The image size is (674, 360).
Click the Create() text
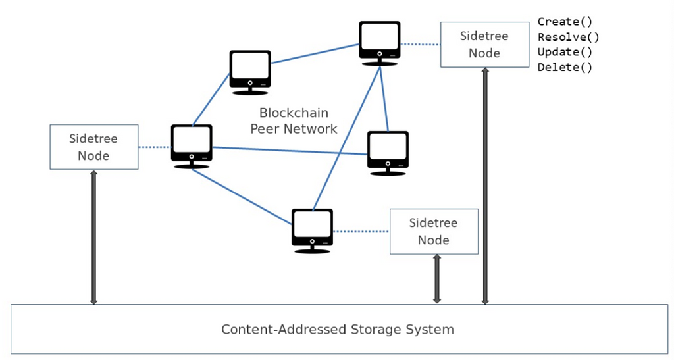[565, 22]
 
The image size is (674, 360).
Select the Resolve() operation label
[568, 37]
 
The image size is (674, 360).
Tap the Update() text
[565, 52]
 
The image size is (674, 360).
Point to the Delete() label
[565, 67]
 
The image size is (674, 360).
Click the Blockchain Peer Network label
[294, 121]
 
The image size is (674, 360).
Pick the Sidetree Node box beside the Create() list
[484, 44]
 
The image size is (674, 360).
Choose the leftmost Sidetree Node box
[94, 147]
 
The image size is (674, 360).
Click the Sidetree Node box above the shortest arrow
[434, 232]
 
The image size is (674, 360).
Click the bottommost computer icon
[312, 230]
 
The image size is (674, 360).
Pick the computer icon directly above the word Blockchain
[250, 71]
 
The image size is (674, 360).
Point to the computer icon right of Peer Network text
[388, 153]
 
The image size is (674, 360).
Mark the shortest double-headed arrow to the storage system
[436, 279]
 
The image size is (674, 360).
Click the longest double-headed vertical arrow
[485, 186]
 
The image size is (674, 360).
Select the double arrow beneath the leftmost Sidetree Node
[93, 238]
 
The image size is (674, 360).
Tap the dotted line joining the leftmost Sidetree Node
[155, 147]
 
